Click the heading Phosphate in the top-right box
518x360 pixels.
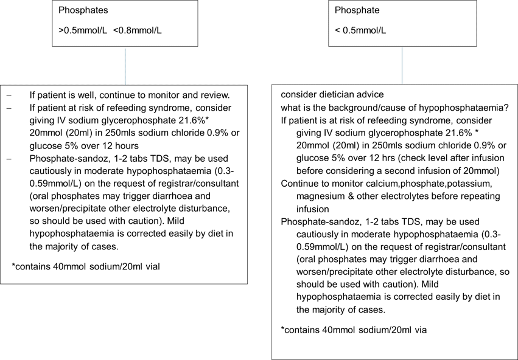point(357,10)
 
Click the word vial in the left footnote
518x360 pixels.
point(153,265)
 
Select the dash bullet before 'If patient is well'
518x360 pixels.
point(8,95)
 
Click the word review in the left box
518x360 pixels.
point(215,95)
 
